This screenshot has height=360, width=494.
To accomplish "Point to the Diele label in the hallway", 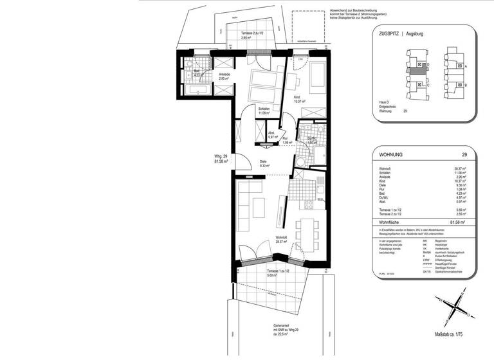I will [263, 162].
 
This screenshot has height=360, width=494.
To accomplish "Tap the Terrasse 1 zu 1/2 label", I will [280, 272].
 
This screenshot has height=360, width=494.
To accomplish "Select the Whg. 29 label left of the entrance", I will [222, 159].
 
